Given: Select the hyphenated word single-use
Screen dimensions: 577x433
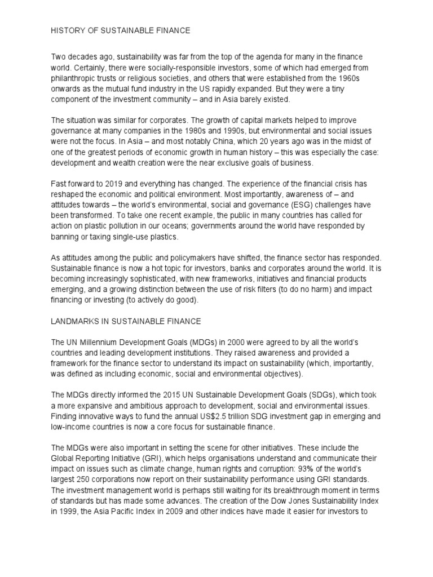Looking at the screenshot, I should (136, 236).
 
